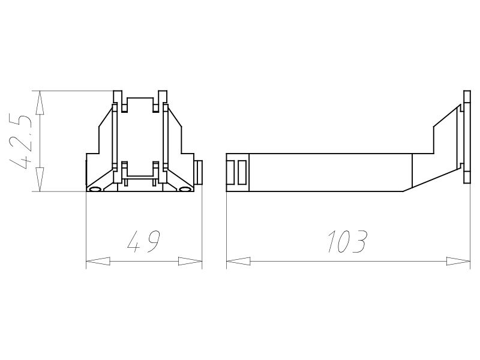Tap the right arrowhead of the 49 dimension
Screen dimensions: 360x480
(x=190, y=262)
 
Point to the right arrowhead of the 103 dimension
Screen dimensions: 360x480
(x=458, y=262)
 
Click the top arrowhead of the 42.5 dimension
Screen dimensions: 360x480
(x=40, y=103)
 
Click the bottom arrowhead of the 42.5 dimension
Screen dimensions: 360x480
(x=40, y=180)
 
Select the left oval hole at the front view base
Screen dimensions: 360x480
(x=95, y=189)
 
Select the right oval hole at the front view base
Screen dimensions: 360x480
(x=185, y=189)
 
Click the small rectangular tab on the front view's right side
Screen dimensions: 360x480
(x=199, y=172)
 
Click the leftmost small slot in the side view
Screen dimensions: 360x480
(x=231, y=173)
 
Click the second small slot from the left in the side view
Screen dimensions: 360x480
(x=242, y=173)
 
